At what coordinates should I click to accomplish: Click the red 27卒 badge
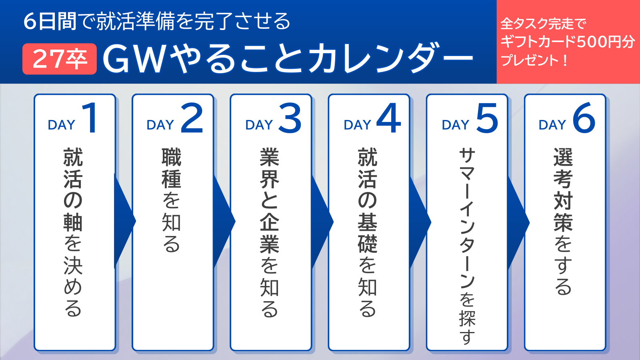tap(60, 59)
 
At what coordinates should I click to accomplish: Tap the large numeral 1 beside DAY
tap(90, 118)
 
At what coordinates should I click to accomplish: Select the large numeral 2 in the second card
tap(192, 118)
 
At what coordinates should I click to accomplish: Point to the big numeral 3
tap(290, 118)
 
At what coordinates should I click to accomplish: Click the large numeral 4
tap(388, 118)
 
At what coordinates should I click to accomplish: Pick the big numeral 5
tap(487, 118)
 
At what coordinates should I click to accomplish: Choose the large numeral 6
tap(584, 118)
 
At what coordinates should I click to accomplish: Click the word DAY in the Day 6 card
tap(552, 125)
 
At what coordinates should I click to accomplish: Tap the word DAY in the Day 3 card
tap(259, 125)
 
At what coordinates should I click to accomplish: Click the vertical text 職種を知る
tap(172, 200)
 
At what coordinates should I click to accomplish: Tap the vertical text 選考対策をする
tap(563, 222)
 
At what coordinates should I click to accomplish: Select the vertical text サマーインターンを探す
tap(467, 246)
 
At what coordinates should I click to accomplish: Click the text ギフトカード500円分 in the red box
tap(568, 42)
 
